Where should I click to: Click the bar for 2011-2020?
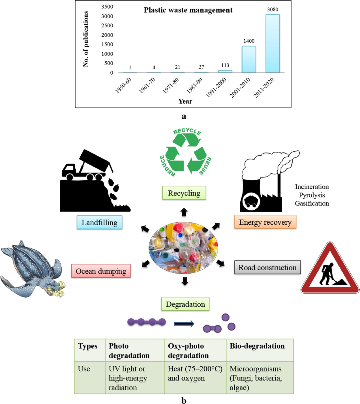(x=272, y=44)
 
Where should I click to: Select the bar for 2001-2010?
(x=249, y=59)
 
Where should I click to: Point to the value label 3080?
(x=272, y=10)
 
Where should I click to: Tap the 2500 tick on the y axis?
(x=107, y=26)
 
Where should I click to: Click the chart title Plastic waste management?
(x=188, y=10)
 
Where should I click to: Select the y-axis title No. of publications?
(x=86, y=39)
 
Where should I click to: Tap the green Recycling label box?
(x=184, y=193)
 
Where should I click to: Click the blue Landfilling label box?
(x=99, y=223)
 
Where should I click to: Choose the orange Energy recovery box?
(x=265, y=222)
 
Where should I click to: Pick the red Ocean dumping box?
(x=101, y=271)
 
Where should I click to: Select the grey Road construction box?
(x=267, y=267)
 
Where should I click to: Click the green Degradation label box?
(x=185, y=304)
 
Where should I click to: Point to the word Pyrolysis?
(x=312, y=195)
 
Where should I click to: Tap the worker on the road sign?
(x=327, y=274)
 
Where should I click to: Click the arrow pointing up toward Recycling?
(x=184, y=212)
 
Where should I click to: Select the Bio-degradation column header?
(x=257, y=346)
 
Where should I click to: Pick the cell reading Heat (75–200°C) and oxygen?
(x=195, y=373)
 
